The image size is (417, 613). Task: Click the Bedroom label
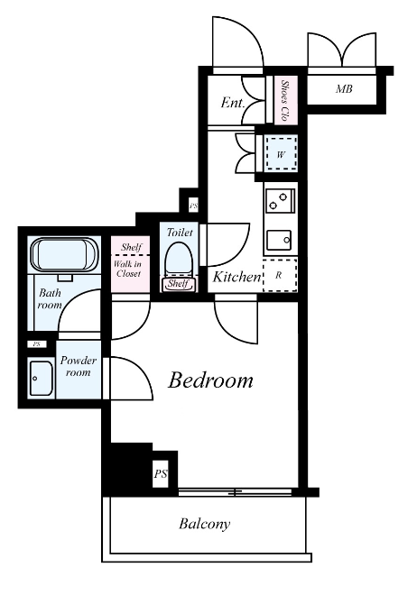pyautogui.click(x=210, y=380)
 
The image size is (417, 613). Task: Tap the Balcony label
pyautogui.click(x=204, y=524)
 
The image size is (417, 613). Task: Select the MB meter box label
pyautogui.click(x=344, y=89)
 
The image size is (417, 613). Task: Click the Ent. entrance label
pyautogui.click(x=233, y=103)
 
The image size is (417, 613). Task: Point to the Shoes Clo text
pyautogui.click(x=284, y=100)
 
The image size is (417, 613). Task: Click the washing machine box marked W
pyautogui.click(x=281, y=153)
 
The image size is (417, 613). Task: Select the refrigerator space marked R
pyautogui.click(x=280, y=275)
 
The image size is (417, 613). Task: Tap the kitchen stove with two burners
pyautogui.click(x=280, y=201)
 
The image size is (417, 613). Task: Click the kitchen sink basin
pyautogui.click(x=279, y=240)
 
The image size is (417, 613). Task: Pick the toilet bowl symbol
pyautogui.click(x=179, y=260)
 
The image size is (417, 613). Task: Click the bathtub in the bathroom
pyautogui.click(x=64, y=254)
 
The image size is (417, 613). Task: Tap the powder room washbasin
pyautogui.click(x=42, y=378)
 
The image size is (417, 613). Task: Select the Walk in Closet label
pyautogui.click(x=128, y=269)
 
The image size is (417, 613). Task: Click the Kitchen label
pyautogui.click(x=236, y=277)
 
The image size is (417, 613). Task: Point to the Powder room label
pyautogui.click(x=78, y=366)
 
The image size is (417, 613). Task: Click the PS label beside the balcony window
pyautogui.click(x=160, y=474)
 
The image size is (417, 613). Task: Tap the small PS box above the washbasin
pyautogui.click(x=37, y=344)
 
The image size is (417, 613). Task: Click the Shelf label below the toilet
pyautogui.click(x=178, y=283)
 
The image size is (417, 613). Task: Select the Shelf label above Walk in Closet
pyautogui.click(x=131, y=247)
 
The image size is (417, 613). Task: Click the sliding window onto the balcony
pyautogui.click(x=236, y=492)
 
